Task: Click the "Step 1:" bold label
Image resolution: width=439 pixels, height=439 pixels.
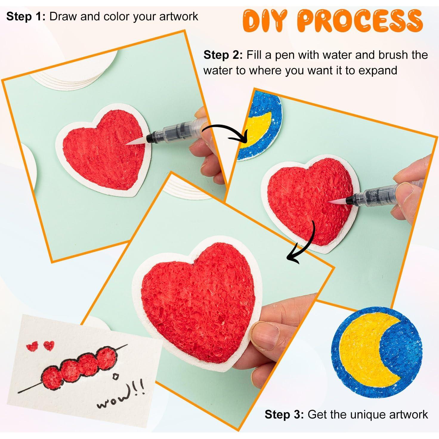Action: click(26, 16)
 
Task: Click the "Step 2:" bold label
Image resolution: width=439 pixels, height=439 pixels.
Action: click(223, 55)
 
